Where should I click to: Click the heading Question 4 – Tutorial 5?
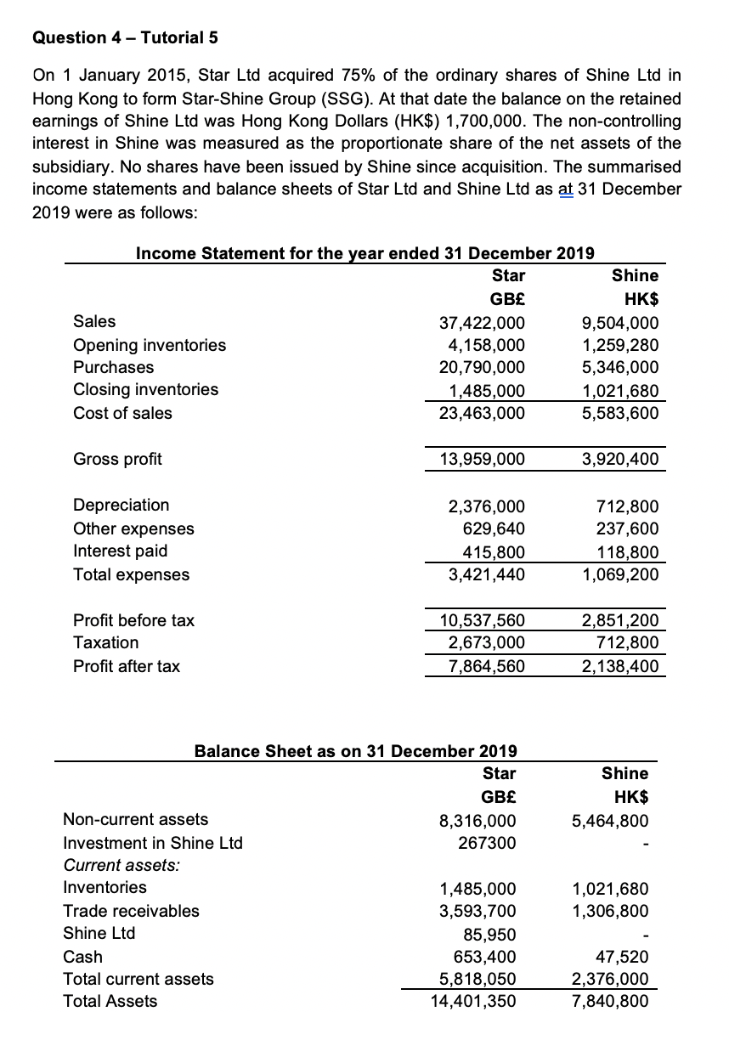(x=118, y=37)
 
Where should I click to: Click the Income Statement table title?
(x=364, y=253)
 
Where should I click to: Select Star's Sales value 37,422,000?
(x=482, y=323)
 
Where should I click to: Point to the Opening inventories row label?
(x=150, y=345)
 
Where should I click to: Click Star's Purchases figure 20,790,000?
(x=482, y=368)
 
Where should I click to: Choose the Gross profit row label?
(x=117, y=459)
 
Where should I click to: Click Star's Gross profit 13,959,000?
(x=482, y=460)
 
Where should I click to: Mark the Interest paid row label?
(x=120, y=551)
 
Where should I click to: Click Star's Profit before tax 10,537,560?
(x=482, y=621)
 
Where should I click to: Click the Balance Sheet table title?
(x=356, y=751)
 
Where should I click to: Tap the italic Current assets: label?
(x=113, y=865)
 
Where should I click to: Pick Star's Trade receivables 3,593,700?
(x=478, y=912)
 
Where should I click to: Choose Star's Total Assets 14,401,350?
(x=473, y=1002)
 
